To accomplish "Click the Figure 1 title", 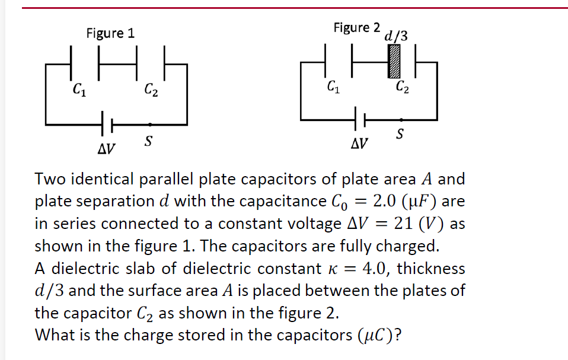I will pyautogui.click(x=110, y=33).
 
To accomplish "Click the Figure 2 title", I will pyautogui.click(x=356, y=27).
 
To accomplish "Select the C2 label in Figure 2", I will pyautogui.click(x=401, y=88).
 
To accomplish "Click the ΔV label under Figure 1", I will pyautogui.click(x=106, y=146).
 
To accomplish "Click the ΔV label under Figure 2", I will pyautogui.click(x=359, y=144).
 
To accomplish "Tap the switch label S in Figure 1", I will pyautogui.click(x=149, y=141).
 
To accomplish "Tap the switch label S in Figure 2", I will pyautogui.click(x=401, y=133).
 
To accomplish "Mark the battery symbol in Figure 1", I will pyautogui.click(x=107, y=125).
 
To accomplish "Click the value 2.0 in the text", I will pyautogui.click(x=385, y=200).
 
